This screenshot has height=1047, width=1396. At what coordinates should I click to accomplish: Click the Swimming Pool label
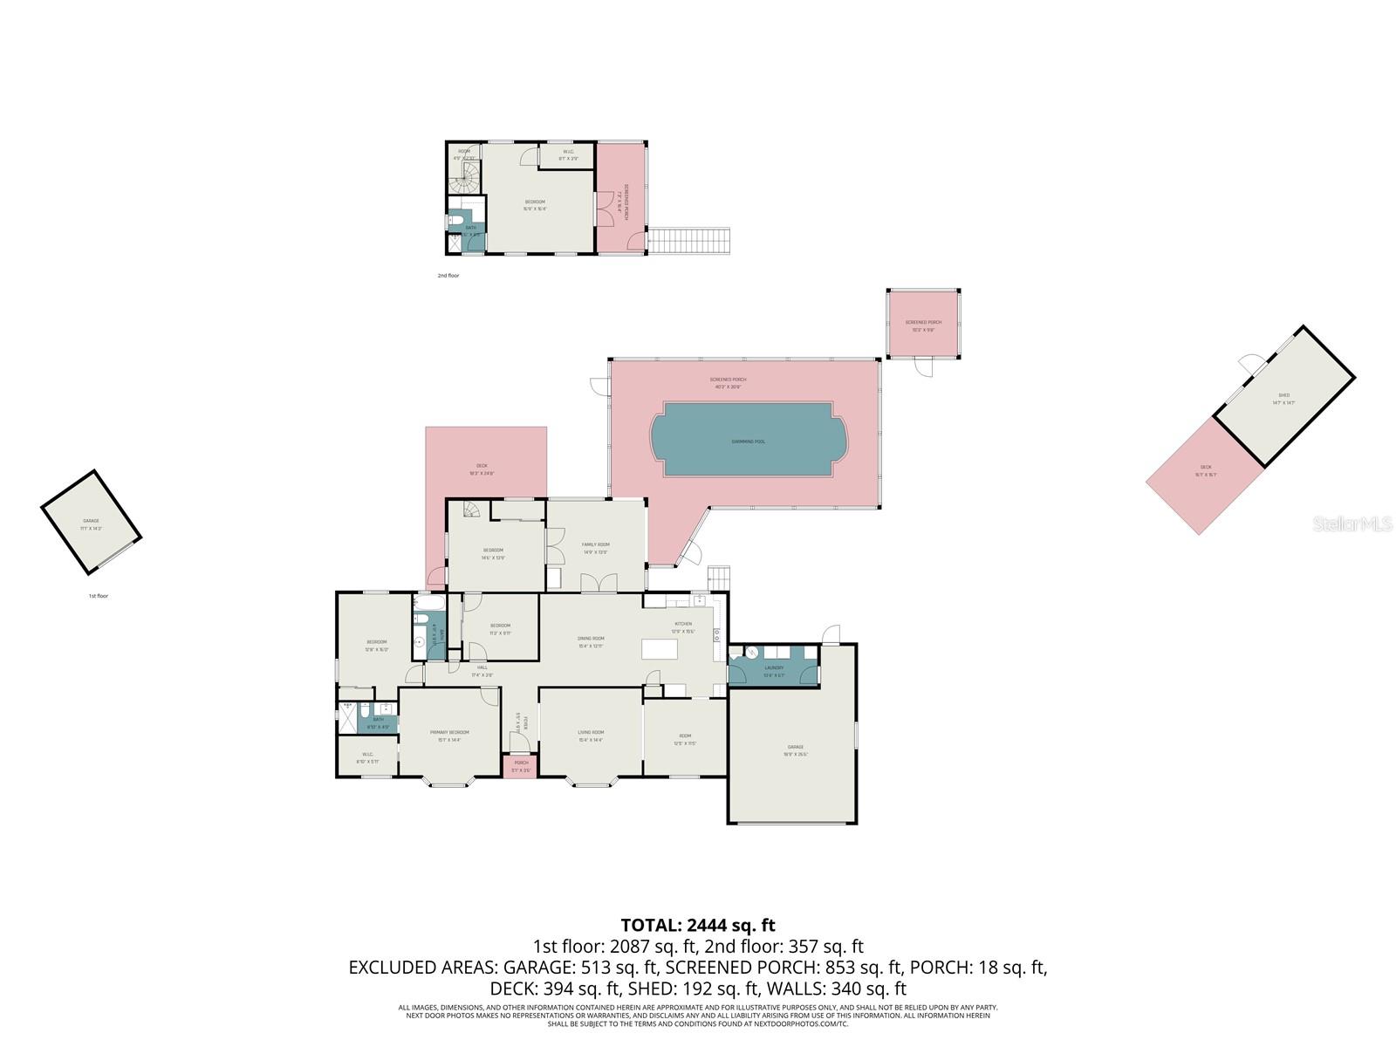pyautogui.click(x=748, y=441)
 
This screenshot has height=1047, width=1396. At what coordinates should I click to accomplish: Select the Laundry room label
pyautogui.click(x=774, y=668)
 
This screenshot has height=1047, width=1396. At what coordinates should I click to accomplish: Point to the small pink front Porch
pyautogui.click(x=521, y=766)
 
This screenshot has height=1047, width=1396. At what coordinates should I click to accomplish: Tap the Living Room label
pyautogui.click(x=591, y=732)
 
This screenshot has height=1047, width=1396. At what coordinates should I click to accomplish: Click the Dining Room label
pyautogui.click(x=591, y=638)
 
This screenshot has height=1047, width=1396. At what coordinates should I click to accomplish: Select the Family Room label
pyautogui.click(x=595, y=544)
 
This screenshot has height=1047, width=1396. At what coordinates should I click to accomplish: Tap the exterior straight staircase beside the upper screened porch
pyautogui.click(x=691, y=241)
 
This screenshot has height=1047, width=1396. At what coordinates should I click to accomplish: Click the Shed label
pyautogui.click(x=1283, y=395)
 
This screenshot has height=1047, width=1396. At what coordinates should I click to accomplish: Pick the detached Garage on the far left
pyautogui.click(x=91, y=523)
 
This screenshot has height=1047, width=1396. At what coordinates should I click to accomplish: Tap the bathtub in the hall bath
pyautogui.click(x=429, y=603)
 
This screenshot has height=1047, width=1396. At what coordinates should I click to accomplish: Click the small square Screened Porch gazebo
pyautogui.click(x=923, y=325)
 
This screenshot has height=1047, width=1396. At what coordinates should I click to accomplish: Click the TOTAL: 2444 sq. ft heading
pyautogui.click(x=698, y=925)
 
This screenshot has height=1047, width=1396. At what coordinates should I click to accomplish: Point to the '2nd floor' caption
pyautogui.click(x=448, y=276)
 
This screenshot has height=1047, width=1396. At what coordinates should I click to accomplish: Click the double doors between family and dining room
pyautogui.click(x=600, y=584)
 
